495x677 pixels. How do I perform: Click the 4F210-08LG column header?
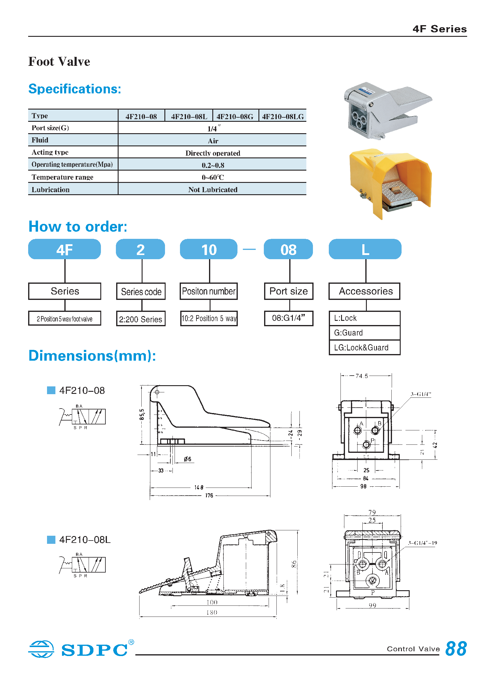tap(283, 116)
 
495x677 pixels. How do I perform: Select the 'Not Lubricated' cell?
tap(212, 189)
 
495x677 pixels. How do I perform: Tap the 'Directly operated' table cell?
tap(212, 153)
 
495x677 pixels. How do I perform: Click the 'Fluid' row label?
tap(40, 140)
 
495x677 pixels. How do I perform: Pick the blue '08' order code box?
tap(288, 249)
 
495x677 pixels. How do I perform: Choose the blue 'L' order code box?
tap(365, 249)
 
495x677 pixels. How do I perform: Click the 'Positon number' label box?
tap(208, 291)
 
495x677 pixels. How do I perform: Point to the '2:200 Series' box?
tap(140, 319)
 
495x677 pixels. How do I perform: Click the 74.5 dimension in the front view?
tap(362, 376)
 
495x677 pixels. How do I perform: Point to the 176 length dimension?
tap(209, 496)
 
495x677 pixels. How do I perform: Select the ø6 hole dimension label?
tap(187, 459)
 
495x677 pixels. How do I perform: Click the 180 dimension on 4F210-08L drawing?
tap(212, 612)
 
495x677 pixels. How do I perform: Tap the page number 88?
tap(456, 649)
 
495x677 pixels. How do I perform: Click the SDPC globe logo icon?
tap(41, 649)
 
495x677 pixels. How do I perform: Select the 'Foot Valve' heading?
tap(59, 62)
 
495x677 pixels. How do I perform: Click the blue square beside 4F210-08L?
tap(51, 540)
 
